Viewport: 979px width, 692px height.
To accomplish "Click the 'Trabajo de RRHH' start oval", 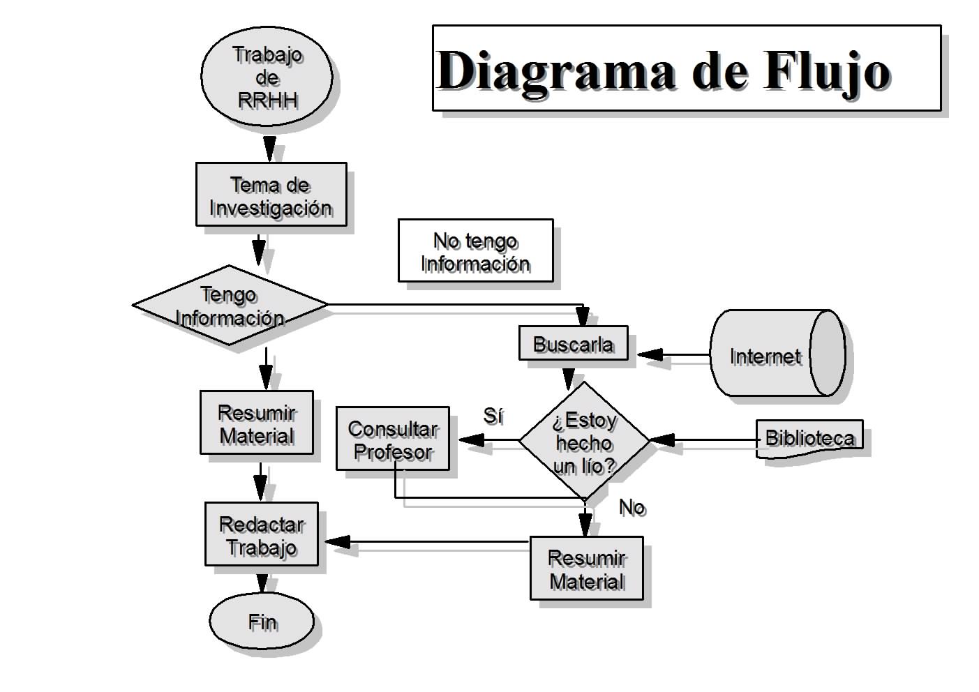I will pos(266,76).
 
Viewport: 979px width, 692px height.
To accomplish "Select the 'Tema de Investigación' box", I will pos(271,195).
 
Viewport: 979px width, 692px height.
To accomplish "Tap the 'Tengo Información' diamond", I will pos(230,306).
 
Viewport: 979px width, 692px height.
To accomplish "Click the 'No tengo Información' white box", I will pos(475,251).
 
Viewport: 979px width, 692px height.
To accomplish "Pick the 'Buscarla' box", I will pos(573,343).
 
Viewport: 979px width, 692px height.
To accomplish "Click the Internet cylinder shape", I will pos(776,354).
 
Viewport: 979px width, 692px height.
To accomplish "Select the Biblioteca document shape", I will pos(809,438).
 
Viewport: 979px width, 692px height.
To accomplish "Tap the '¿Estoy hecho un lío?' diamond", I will pos(584,442).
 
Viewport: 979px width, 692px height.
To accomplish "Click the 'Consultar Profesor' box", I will pos(392,439).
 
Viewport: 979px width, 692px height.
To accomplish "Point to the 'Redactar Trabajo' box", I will pos(261,534).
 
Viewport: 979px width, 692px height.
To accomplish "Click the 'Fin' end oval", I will pos(262,622).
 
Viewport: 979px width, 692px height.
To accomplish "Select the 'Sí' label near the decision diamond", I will pos(493,416).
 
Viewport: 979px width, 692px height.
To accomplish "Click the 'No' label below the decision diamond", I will pos(632,507).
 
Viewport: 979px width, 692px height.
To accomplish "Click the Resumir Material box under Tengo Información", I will pos(257,423).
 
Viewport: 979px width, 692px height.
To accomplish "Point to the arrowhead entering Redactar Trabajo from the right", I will pos(338,542).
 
